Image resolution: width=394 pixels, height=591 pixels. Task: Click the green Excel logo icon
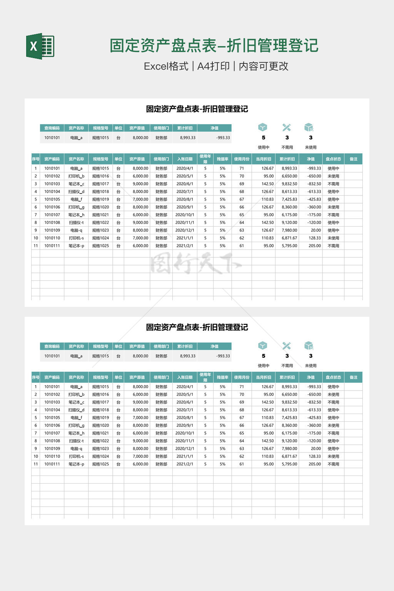[40, 46]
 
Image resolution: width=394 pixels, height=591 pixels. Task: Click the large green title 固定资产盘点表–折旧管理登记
[214, 45]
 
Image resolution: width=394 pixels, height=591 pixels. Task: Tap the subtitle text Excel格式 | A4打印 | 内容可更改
[216, 66]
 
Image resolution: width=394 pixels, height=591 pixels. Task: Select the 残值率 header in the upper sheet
[222, 159]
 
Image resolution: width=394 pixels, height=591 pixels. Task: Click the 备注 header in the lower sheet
[353, 377]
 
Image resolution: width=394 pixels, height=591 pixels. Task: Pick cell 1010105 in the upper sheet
[52, 199]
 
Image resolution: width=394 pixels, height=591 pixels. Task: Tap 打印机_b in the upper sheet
[76, 176]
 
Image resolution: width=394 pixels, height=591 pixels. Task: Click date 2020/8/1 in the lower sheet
[185, 417]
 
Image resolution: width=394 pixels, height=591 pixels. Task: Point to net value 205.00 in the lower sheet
[314, 464]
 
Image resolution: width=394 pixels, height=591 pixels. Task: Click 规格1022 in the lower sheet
[100, 441]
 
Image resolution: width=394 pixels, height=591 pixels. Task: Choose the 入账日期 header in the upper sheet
[185, 159]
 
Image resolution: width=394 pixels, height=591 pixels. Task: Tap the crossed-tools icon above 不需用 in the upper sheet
[287, 127]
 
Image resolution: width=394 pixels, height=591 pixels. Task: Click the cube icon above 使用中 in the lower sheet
[263, 346]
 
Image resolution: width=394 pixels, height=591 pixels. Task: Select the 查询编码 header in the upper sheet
[52, 128]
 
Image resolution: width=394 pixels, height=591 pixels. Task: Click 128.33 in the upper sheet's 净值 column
[314, 238]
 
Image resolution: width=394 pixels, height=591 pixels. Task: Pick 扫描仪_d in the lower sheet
[76, 410]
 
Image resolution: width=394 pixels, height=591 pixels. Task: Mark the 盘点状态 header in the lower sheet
[333, 377]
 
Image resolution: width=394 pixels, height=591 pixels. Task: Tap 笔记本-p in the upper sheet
[76, 245]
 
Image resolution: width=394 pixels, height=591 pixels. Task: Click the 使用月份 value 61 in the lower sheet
[242, 464]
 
